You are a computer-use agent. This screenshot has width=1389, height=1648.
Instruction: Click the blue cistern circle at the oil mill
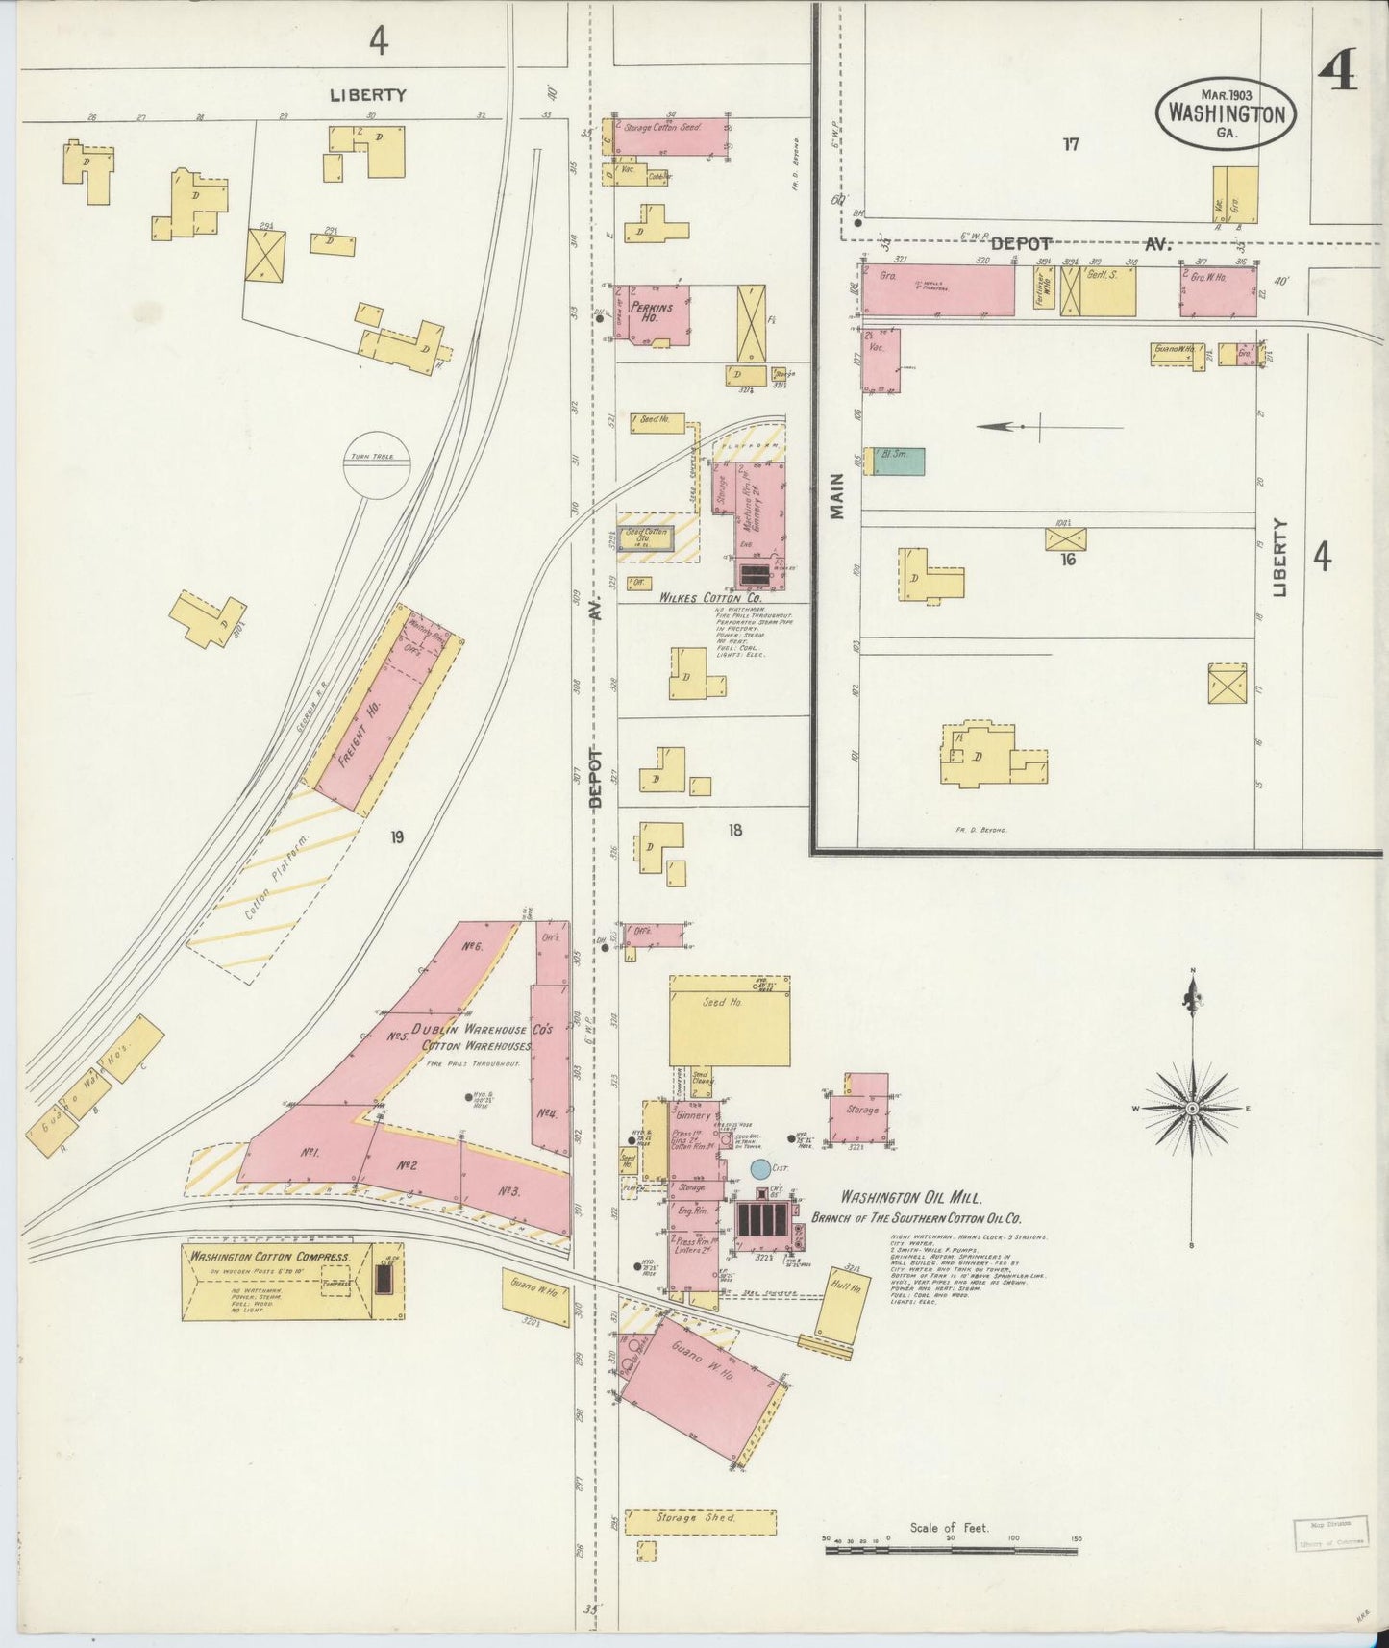point(759,1169)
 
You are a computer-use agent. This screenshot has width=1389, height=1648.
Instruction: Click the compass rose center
point(1192,1108)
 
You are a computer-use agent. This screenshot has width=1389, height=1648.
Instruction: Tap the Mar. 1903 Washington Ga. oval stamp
point(1226,112)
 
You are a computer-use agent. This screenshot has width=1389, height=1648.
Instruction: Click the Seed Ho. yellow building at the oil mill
point(729,1019)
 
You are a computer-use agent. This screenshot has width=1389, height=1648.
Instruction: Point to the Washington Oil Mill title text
point(910,1198)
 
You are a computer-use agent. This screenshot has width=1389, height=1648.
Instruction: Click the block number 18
point(734,830)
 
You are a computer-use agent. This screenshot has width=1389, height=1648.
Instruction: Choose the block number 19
point(396,836)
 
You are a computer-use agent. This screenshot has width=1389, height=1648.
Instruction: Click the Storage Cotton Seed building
point(668,137)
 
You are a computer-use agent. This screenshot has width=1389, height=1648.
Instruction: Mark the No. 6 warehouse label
point(471,946)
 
